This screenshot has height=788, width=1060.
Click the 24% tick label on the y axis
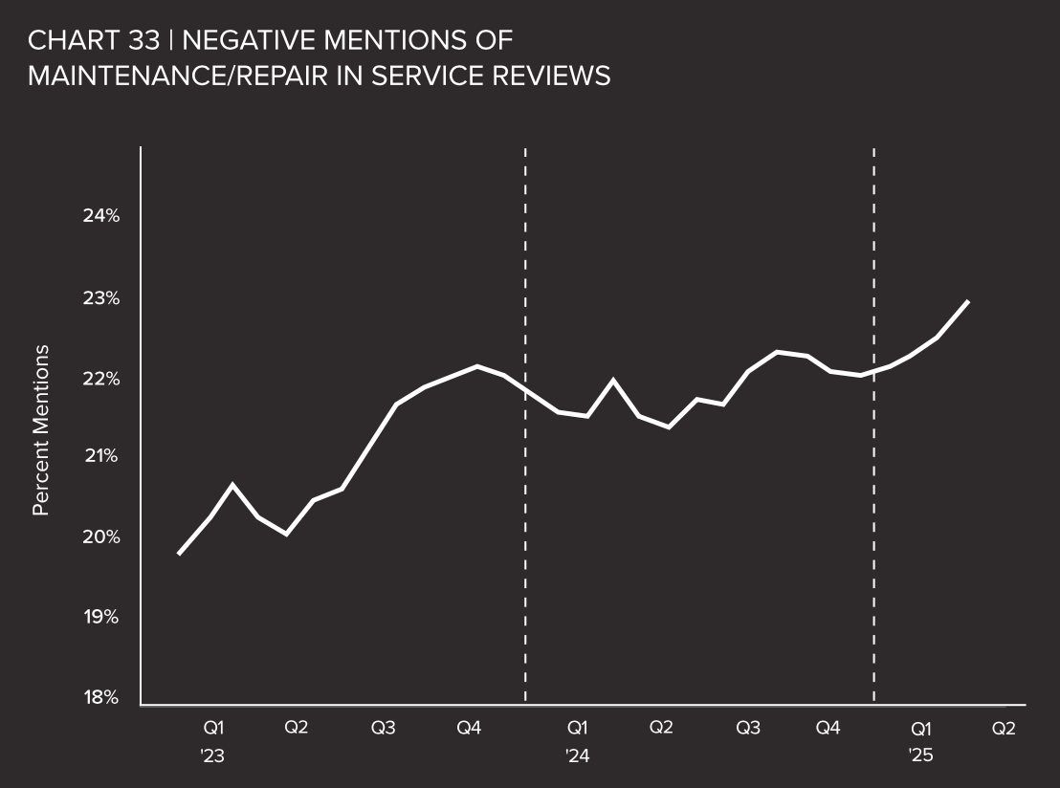click(x=100, y=216)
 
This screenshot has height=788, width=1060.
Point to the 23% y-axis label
click(x=100, y=298)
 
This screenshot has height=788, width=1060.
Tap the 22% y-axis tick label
click(x=100, y=380)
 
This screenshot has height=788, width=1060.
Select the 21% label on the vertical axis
click(x=100, y=456)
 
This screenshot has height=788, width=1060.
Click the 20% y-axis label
click(x=100, y=536)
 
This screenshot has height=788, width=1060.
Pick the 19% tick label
click(x=100, y=617)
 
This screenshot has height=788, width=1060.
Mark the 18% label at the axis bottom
click(x=100, y=697)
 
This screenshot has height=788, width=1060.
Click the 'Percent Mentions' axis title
click(x=41, y=430)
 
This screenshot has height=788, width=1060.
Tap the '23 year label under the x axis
click(x=212, y=755)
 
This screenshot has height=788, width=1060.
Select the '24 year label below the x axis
click(x=577, y=755)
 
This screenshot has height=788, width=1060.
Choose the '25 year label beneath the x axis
click(x=920, y=755)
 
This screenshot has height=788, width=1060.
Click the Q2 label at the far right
click(x=1004, y=728)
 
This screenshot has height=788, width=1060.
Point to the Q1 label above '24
click(x=577, y=728)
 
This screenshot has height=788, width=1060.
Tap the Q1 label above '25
click(x=921, y=728)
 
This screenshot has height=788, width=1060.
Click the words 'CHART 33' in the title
click(x=93, y=40)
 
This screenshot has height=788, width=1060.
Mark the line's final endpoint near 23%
click(x=968, y=301)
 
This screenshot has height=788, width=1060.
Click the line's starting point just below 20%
click(x=179, y=554)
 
